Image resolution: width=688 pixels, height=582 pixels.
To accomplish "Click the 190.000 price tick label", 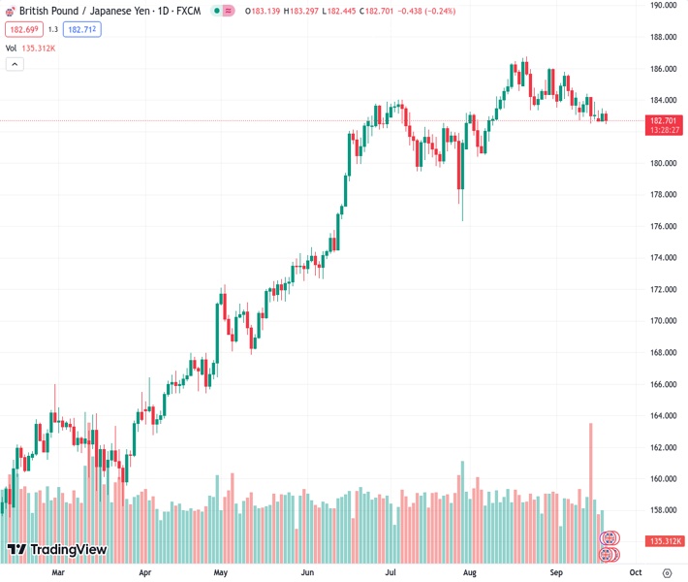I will (663, 5).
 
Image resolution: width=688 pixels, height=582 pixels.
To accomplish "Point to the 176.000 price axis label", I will (663, 226).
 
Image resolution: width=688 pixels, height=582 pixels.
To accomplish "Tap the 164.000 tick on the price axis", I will (663, 415).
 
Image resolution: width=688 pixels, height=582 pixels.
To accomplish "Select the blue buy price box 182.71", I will (82, 29).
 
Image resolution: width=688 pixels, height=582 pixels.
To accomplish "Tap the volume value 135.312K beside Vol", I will (38, 48).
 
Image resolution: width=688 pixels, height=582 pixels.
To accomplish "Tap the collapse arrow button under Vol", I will (15, 64).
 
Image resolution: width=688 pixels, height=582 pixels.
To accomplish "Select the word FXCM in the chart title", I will (188, 11).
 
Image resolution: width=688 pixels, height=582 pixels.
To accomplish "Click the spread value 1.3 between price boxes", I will (53, 29).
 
